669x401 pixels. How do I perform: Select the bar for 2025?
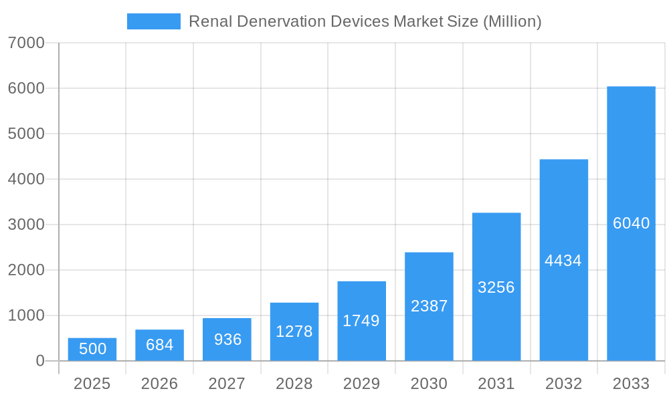(x=92, y=350)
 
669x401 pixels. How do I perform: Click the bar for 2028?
(x=294, y=332)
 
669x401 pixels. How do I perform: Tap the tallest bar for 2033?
(x=631, y=224)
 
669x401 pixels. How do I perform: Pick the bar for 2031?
(x=496, y=287)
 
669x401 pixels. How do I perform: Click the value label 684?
(x=160, y=345)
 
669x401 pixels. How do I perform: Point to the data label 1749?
(x=361, y=321)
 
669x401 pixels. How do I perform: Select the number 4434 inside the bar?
(x=563, y=261)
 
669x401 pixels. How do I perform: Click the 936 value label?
(x=227, y=340)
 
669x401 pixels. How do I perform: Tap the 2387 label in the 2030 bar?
(x=429, y=306)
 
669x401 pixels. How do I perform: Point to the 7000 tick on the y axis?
(x=26, y=43)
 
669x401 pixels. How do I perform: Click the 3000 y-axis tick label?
(x=26, y=225)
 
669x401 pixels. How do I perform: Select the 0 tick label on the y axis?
(x=39, y=361)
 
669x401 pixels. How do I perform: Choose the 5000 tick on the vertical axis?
(x=26, y=134)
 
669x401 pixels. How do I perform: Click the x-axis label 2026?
(x=160, y=384)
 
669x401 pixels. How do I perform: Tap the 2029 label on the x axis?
(x=361, y=384)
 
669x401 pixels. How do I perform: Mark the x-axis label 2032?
(x=563, y=384)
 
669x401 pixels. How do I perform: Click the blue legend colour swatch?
(x=154, y=21)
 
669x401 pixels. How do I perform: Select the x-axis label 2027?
(x=227, y=384)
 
